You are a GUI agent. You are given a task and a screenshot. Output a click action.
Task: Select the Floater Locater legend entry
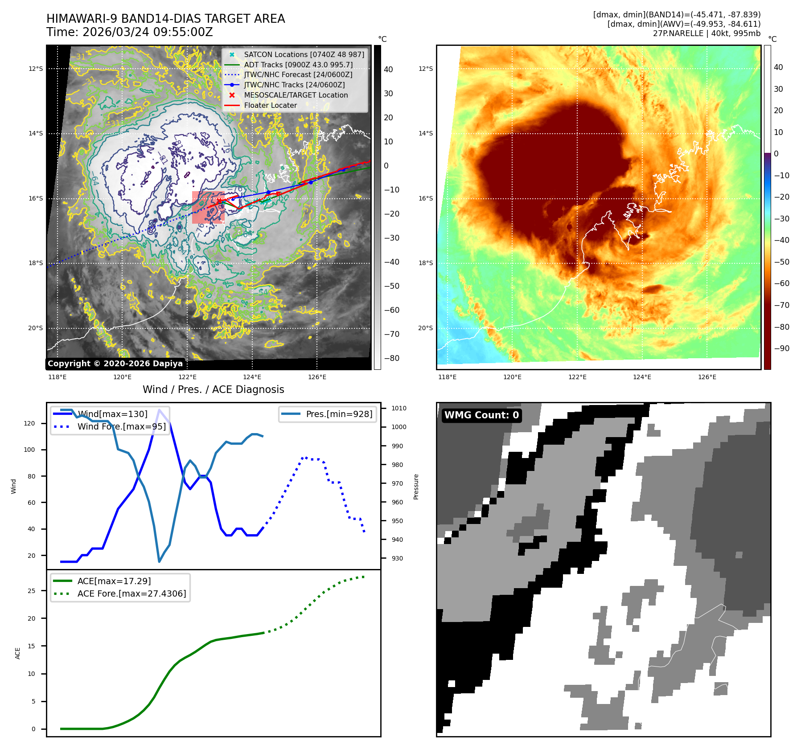pyautogui.click(x=270, y=106)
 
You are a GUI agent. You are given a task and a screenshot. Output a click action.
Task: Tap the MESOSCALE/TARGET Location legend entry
pyautogui.click(x=296, y=95)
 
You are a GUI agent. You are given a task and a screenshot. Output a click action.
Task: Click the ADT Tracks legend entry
pyautogui.click(x=298, y=65)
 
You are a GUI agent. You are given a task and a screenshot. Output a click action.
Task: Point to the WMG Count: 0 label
pyautogui.click(x=481, y=415)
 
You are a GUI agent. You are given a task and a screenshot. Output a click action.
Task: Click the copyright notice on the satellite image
pyautogui.click(x=115, y=364)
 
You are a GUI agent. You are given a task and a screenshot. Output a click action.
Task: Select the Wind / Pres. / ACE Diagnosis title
pyautogui.click(x=213, y=389)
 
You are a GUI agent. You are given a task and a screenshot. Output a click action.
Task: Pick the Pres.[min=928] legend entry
pyautogui.click(x=339, y=414)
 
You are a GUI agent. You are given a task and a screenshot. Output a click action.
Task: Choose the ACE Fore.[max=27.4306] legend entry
pyautogui.click(x=131, y=594)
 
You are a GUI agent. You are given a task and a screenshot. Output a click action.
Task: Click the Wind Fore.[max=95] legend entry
pyautogui.click(x=121, y=427)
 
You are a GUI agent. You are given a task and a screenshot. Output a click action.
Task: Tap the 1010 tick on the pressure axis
pyautogui.click(x=399, y=408)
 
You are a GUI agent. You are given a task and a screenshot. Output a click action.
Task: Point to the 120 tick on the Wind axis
pyautogui.click(x=29, y=423)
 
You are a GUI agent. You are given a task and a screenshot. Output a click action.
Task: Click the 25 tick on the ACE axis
pyautogui.click(x=32, y=591)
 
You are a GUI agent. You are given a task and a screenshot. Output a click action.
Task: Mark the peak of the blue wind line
pyautogui.click(x=159, y=410)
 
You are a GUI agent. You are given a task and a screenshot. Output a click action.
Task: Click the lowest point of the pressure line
pyautogui.click(x=159, y=561)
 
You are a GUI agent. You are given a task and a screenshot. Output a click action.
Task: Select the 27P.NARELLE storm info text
pyautogui.click(x=707, y=33)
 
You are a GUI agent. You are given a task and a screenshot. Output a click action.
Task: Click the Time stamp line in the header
pyautogui.click(x=129, y=33)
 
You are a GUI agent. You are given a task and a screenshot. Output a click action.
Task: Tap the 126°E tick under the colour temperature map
pyautogui.click(x=707, y=377)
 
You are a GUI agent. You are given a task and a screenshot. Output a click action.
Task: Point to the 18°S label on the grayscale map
pyautogui.click(x=36, y=263)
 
